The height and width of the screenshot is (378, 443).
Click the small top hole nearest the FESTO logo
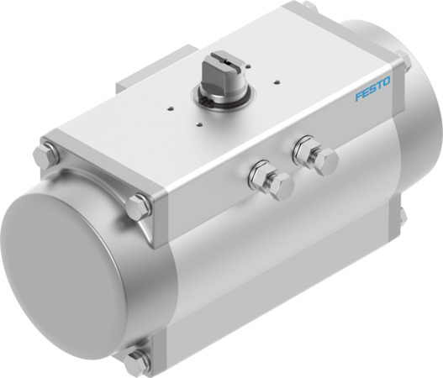277,83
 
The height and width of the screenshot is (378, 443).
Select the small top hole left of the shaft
171,107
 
